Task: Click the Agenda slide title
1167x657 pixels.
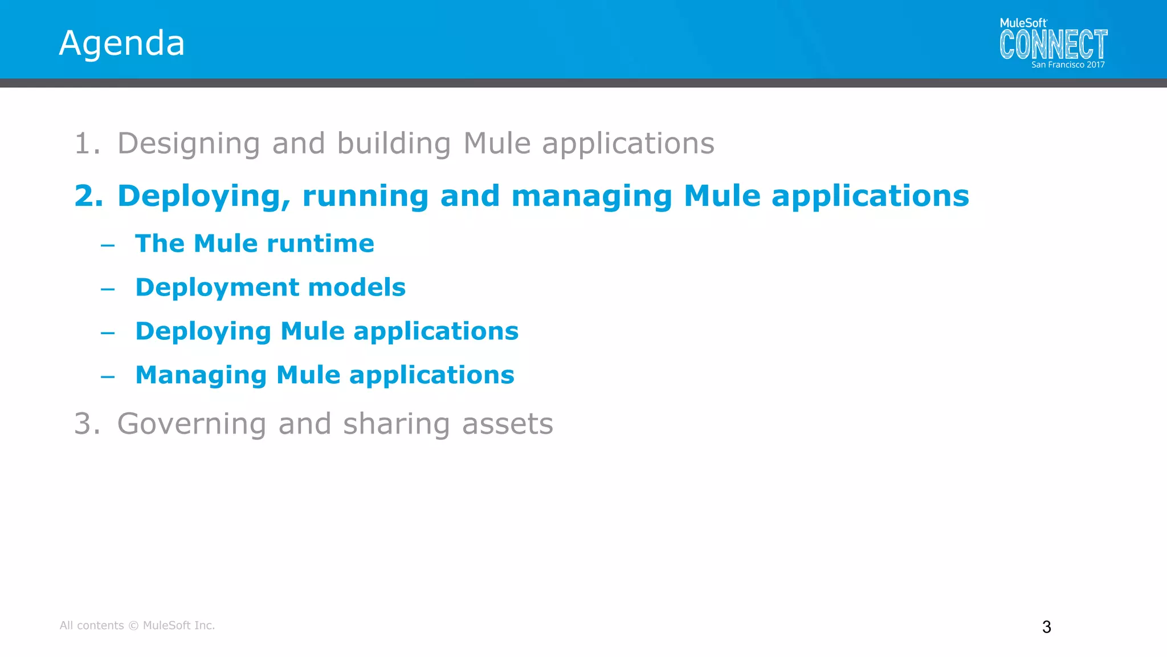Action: tap(122, 43)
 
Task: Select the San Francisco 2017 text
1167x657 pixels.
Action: tap(1068, 65)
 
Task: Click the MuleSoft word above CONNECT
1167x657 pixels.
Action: tap(1023, 23)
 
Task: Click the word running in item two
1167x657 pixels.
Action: tap(365, 196)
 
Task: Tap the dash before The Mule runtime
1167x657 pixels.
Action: tap(108, 246)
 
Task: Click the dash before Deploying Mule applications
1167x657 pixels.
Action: tap(108, 333)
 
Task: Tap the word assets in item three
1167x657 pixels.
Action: tap(507, 424)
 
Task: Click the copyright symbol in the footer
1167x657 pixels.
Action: tap(133, 626)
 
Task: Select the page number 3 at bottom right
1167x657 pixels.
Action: tap(1046, 627)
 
